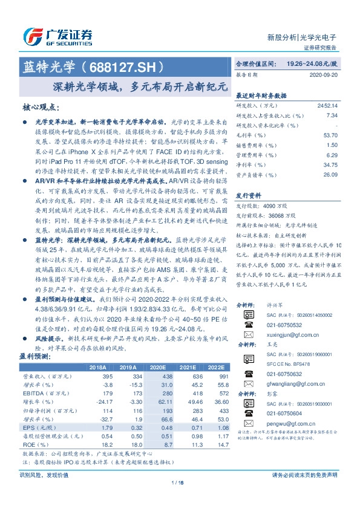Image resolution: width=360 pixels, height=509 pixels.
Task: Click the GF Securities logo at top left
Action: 57,34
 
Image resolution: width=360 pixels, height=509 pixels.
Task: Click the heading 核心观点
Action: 41,107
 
